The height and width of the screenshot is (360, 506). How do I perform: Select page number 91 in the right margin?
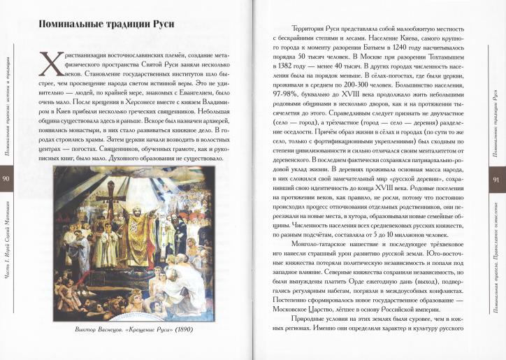(498, 180)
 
